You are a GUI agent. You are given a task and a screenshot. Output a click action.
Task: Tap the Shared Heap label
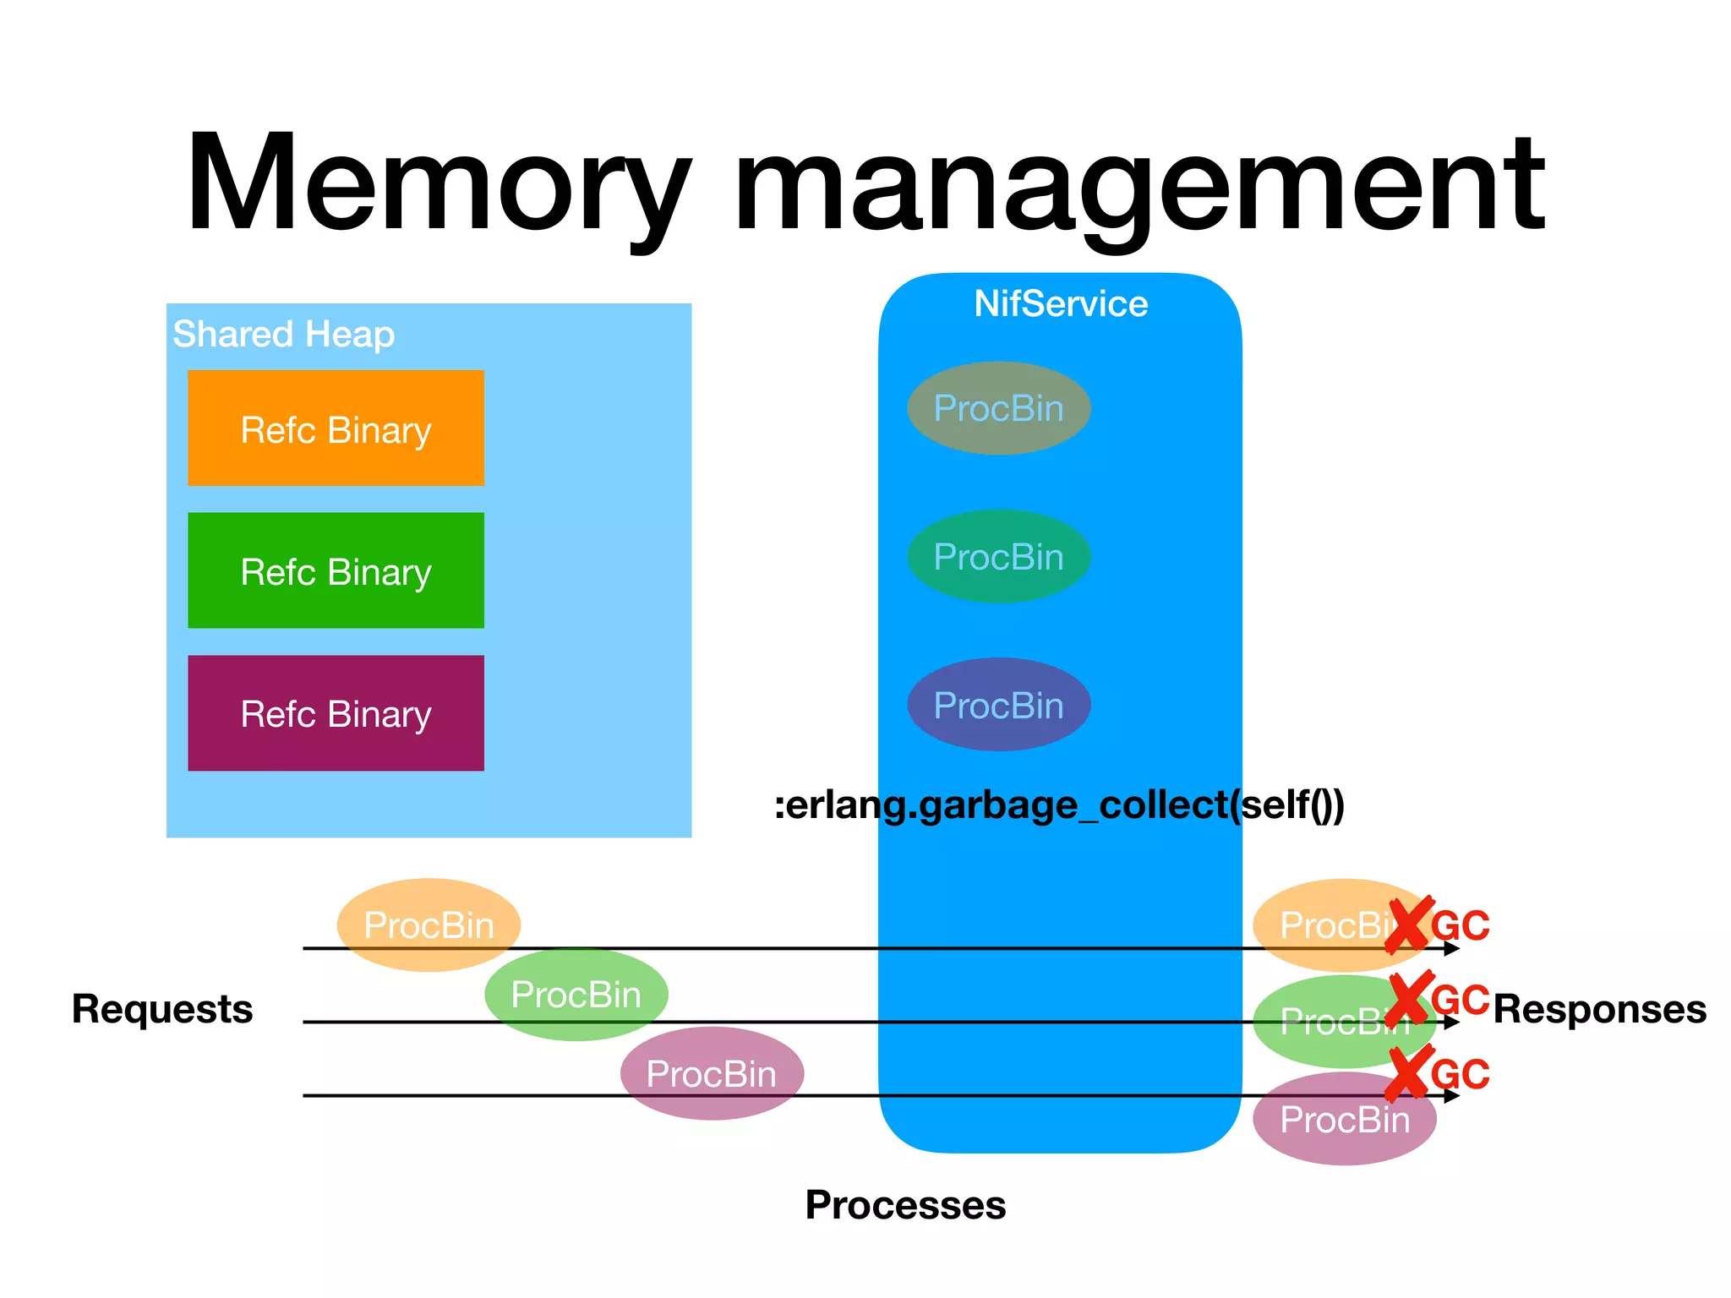283,334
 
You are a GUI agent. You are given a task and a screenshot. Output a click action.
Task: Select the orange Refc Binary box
336,428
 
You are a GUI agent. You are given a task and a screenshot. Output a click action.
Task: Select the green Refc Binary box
336,570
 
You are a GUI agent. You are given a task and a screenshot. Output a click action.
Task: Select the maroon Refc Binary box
336,713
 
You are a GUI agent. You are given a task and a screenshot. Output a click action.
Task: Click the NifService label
1060,303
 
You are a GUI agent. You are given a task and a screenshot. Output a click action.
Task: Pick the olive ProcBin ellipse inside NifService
998,408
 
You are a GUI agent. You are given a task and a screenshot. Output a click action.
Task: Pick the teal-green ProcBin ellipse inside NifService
998,556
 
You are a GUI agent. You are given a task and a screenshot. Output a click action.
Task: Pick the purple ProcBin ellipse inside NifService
998,705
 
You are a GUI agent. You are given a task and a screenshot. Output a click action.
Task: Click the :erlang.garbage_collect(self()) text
1058,804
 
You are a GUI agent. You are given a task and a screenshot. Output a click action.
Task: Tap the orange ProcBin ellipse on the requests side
428,924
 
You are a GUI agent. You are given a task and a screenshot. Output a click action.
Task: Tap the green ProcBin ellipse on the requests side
576,995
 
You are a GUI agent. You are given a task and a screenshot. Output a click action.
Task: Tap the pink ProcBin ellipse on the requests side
712,1074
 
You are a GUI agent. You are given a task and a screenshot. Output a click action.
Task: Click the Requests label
161,1009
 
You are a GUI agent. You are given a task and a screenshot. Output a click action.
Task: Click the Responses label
1599,1009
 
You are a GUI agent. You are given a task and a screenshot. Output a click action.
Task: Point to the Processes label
905,1205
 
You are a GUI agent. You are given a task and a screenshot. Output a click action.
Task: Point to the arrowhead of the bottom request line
1452,1096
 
